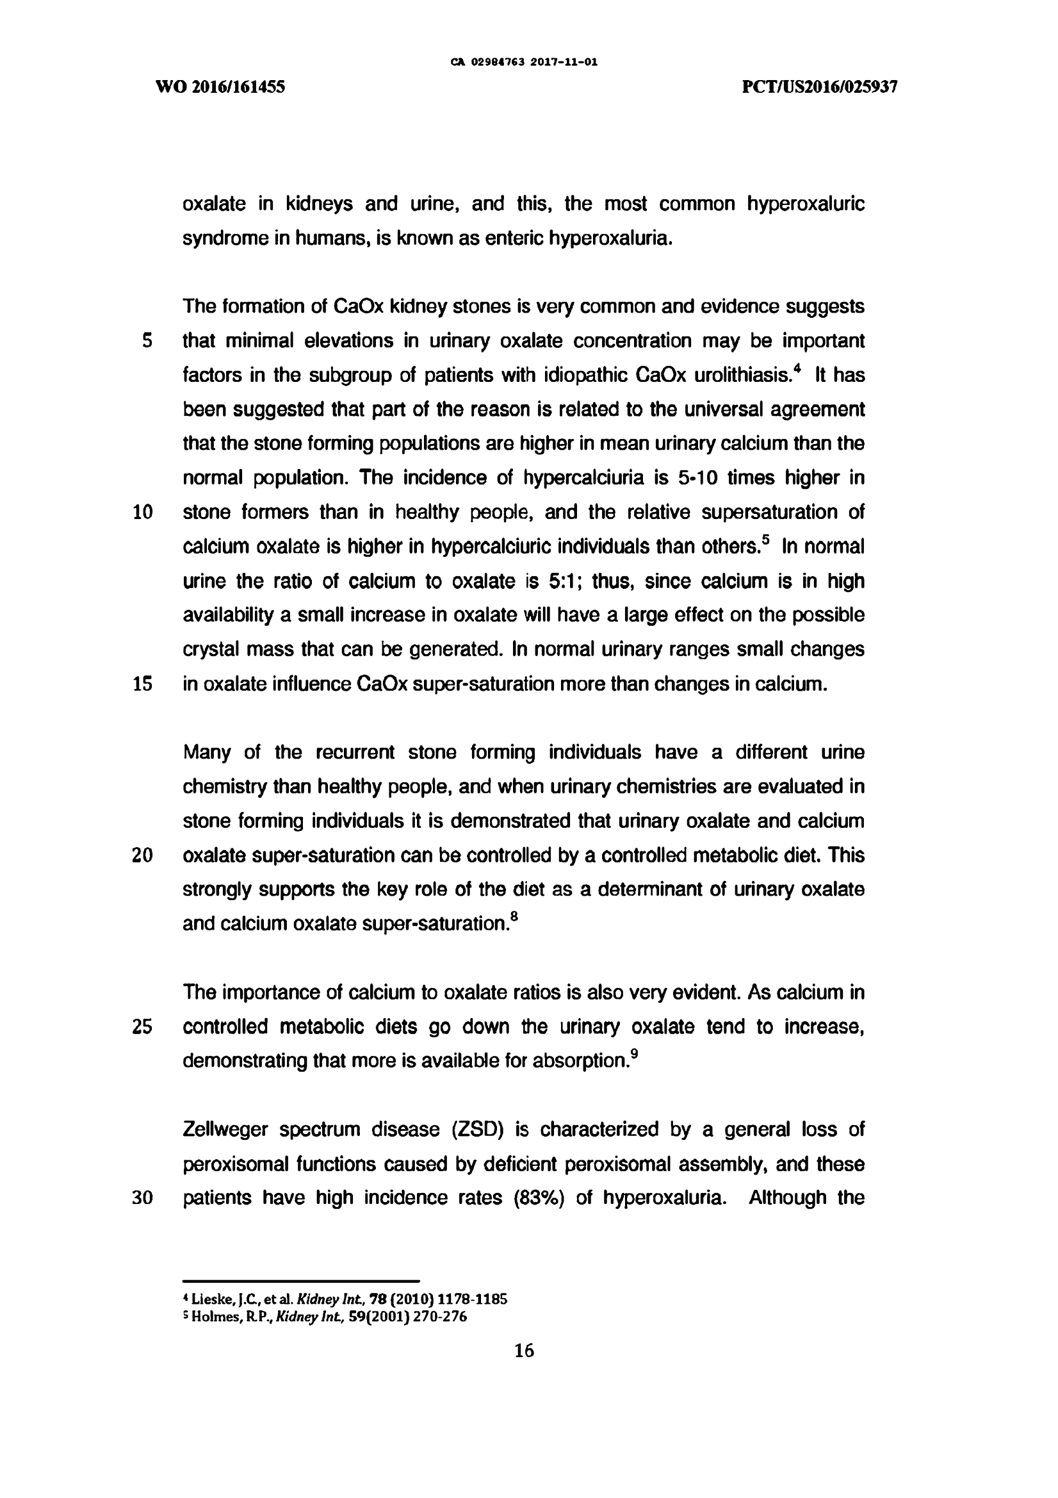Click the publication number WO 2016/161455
tap(220, 86)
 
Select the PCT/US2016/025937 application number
tap(820, 86)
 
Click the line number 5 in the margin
tap(147, 341)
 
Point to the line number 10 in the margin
tap(142, 512)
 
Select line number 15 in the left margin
tap(142, 684)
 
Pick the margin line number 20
tap(142, 855)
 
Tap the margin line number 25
tap(142, 1027)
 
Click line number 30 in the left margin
tap(142, 1198)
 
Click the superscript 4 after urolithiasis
tap(797, 369)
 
